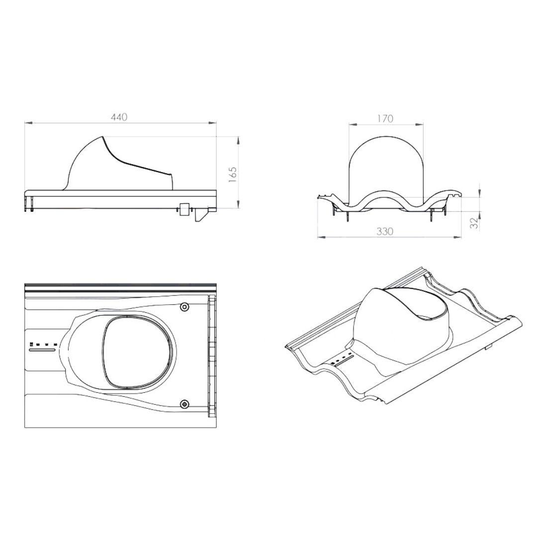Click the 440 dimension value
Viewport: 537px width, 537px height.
119,117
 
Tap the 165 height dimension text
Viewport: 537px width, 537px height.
233,175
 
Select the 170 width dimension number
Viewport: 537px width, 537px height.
385,118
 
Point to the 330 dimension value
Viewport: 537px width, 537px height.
385,232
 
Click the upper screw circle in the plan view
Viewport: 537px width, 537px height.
185,307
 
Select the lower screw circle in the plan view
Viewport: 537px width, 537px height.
185,404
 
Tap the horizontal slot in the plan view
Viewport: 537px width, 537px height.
42,350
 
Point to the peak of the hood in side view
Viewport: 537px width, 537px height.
102,137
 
